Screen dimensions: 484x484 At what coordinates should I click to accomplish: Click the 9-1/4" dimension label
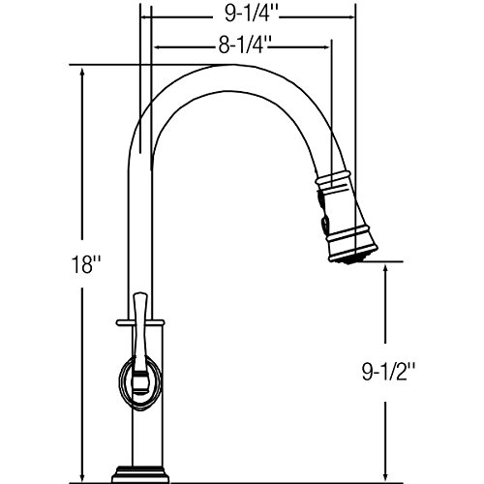(x=252, y=15)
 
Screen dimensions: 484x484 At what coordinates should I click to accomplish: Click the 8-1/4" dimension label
(x=244, y=45)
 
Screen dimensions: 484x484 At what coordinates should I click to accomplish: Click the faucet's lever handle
(x=140, y=342)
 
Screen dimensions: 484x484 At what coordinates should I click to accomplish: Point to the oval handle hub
(x=140, y=384)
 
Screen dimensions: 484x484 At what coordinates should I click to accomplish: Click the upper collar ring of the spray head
(x=333, y=179)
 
